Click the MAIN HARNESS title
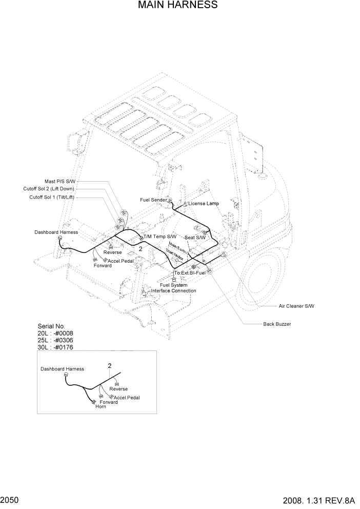(178, 5)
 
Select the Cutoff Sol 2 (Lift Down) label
(49, 189)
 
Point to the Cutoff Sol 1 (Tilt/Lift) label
(52, 197)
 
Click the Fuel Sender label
(153, 199)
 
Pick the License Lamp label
(203, 204)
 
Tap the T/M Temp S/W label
(160, 237)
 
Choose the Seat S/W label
(195, 238)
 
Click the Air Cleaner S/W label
(296, 306)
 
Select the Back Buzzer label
(277, 324)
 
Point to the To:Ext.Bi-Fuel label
(190, 272)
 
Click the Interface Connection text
(173, 291)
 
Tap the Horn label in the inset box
(101, 407)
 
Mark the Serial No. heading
(52, 326)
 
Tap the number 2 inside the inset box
(109, 366)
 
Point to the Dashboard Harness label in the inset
(62, 369)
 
